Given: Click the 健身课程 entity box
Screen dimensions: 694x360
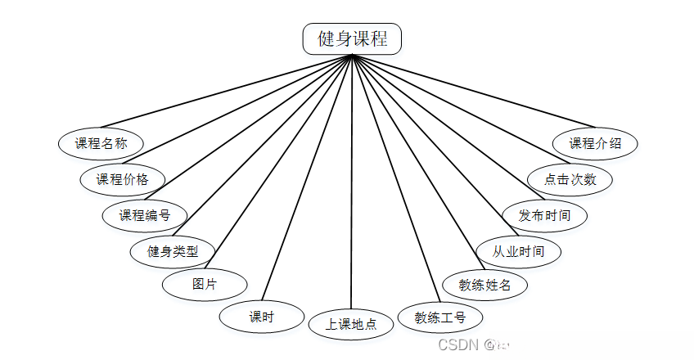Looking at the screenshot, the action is pos(352,38).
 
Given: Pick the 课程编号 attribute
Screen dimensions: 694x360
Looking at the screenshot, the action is pos(145,215).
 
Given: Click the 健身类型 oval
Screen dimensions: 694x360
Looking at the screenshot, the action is pos(173,250).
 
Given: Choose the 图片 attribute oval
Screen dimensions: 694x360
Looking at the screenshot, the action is pos(205,285).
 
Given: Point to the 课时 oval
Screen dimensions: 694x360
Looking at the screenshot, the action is pos(262,317).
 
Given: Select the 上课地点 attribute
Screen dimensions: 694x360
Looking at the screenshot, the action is pos(351,324).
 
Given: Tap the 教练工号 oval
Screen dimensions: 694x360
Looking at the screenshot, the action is pos(440,317).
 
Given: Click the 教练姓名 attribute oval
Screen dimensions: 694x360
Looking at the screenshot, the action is pos(485,285).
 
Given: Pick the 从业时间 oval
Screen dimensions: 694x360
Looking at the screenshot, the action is pos(519,250).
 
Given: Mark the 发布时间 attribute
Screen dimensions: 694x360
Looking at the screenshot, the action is pos(544,215).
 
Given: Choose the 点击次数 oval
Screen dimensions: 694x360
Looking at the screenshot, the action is pos(570,179).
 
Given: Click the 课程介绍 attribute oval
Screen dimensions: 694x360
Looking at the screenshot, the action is pos(595,143).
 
